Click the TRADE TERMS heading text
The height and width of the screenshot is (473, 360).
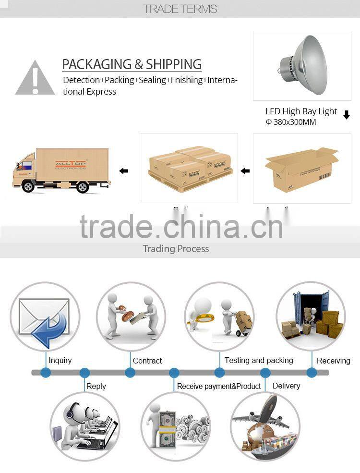[x=180, y=9]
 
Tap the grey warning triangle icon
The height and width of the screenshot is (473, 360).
[x=35, y=78]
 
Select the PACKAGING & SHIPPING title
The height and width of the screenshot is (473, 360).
[x=132, y=64]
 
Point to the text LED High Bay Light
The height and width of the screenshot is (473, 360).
[x=301, y=111]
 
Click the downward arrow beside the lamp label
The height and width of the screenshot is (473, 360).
[x=347, y=115]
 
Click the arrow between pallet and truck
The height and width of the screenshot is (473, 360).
[x=124, y=171]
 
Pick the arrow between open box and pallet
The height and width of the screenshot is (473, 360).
[x=245, y=171]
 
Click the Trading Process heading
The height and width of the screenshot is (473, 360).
[x=176, y=249]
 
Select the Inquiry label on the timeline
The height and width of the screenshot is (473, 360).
[x=60, y=360]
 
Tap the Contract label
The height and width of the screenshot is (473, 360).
[x=147, y=361]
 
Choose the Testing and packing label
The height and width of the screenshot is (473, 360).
[x=259, y=360]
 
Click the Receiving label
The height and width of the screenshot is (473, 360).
[x=334, y=361]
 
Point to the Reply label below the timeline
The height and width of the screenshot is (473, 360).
[x=96, y=386]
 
